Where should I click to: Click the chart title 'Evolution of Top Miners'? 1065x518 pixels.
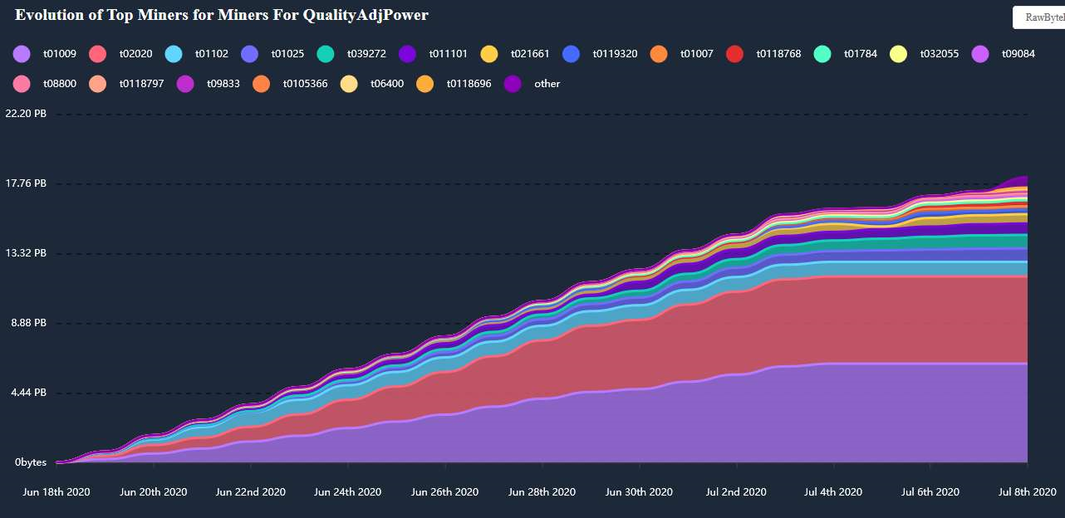click(x=221, y=15)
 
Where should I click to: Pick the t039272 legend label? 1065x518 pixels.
click(x=366, y=54)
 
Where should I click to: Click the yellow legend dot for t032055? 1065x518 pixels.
click(x=898, y=54)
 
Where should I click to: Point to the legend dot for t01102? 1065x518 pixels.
click(x=174, y=54)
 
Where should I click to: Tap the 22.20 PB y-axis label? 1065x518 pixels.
click(x=26, y=114)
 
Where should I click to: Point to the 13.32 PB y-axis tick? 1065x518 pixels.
click(x=26, y=253)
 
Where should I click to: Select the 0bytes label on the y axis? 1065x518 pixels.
click(x=30, y=462)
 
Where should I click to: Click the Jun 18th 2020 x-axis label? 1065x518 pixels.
click(x=56, y=492)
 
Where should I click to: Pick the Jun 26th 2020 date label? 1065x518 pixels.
click(x=444, y=492)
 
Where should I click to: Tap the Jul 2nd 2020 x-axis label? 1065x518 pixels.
click(x=736, y=492)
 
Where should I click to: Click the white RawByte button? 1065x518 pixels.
click(x=1038, y=17)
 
